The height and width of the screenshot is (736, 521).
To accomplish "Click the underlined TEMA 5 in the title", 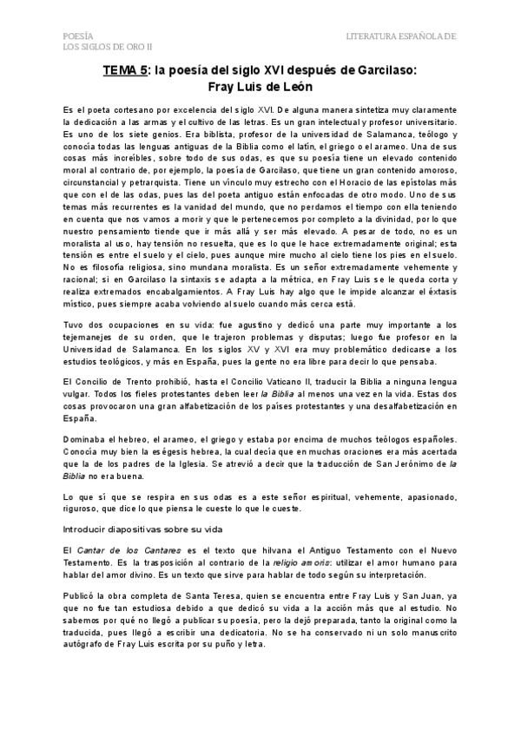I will coord(123,73).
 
